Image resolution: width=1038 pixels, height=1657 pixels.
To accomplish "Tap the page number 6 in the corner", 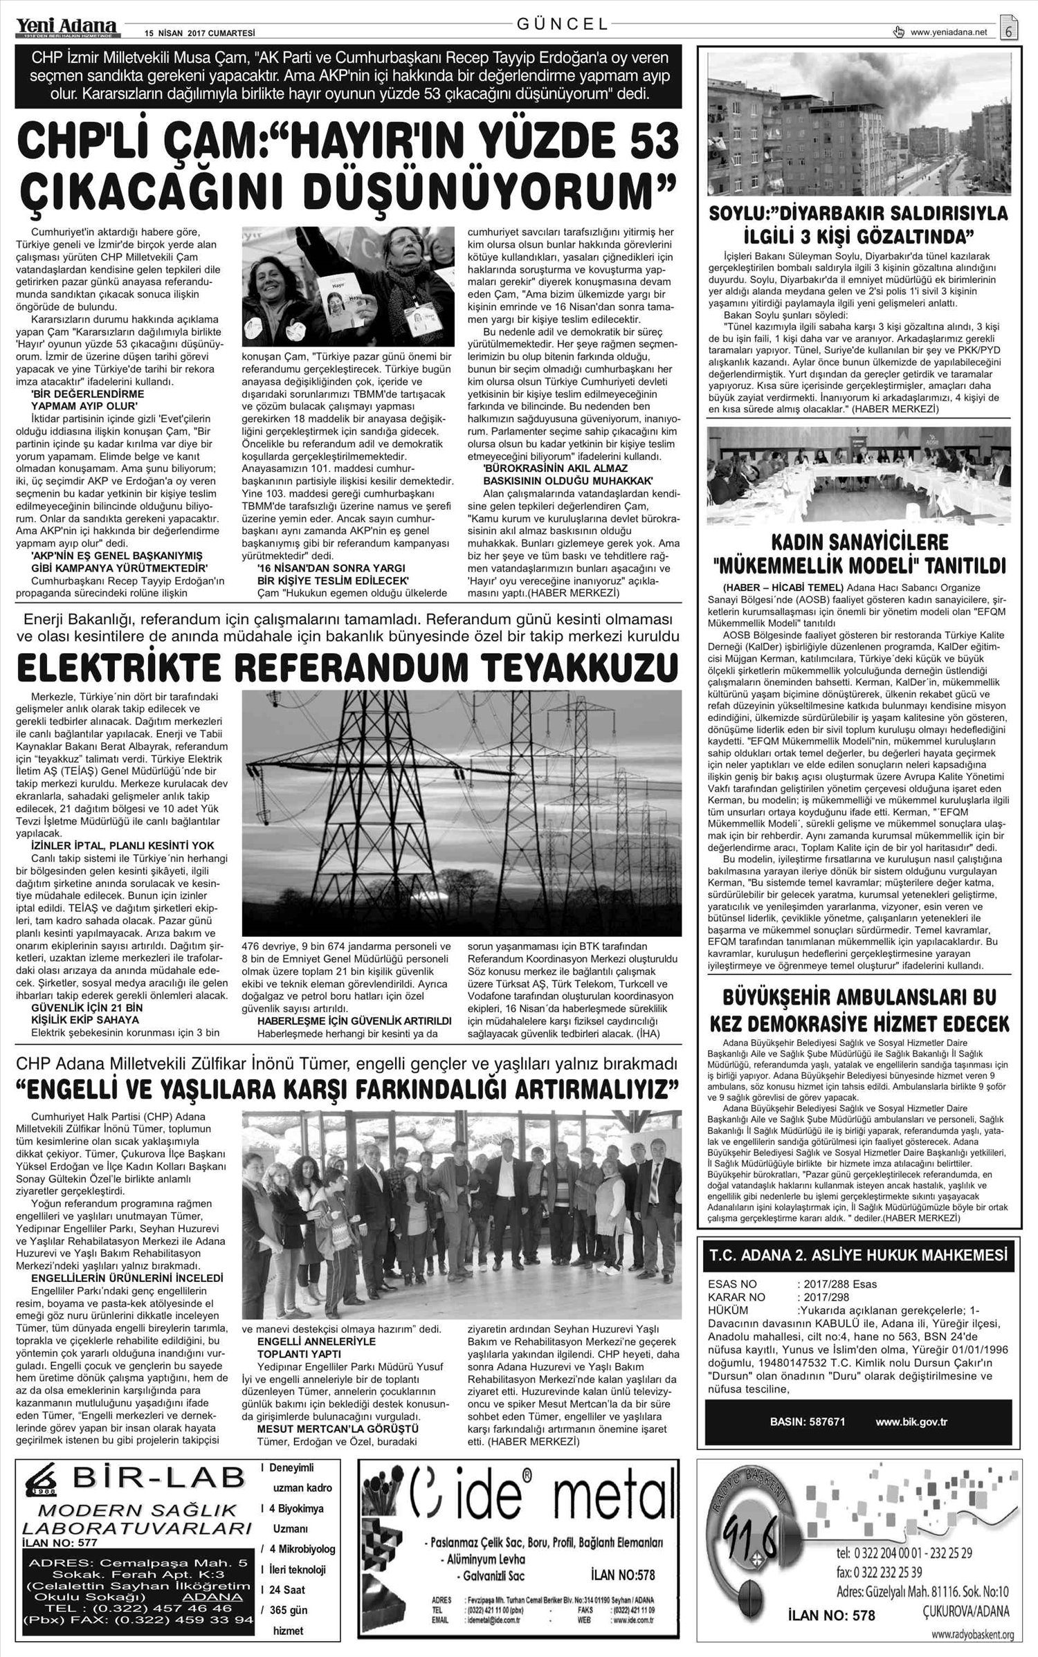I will (x=1009, y=31).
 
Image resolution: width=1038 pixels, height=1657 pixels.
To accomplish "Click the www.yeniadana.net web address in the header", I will (x=949, y=32).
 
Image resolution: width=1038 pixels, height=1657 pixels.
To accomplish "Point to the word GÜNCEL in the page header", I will (x=563, y=24).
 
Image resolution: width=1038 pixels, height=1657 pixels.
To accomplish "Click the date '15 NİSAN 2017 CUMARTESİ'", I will (x=191, y=33).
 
